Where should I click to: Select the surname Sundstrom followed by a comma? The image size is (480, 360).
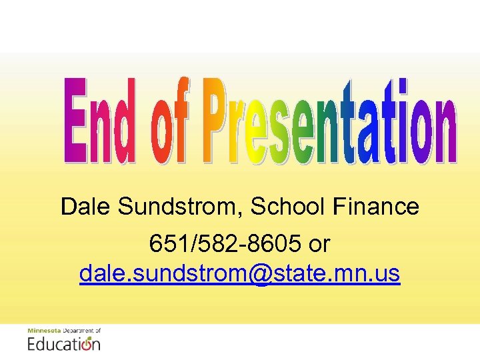pyautogui.click(x=180, y=207)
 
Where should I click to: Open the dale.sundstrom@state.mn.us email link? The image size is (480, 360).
pyautogui.click(x=240, y=273)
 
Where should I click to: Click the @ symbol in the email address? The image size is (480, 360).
pyautogui.click(x=265, y=274)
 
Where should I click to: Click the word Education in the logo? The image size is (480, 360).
pyautogui.click(x=64, y=343)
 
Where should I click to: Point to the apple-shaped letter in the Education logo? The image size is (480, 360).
pyautogui.click(x=86, y=344)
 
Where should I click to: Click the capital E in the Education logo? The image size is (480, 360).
pyautogui.click(x=32, y=343)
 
